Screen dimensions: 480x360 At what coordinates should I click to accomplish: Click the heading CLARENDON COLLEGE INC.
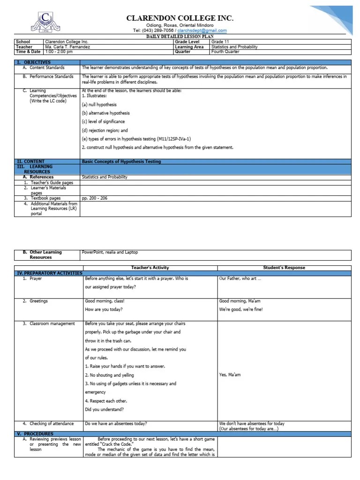point(180,18)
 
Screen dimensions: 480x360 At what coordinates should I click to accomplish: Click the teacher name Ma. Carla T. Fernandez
point(67,47)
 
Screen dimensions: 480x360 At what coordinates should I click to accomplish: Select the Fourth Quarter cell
point(225,52)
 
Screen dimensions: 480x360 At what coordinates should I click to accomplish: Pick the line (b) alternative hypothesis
point(106,113)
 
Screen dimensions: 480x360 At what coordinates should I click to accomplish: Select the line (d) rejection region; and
point(105,130)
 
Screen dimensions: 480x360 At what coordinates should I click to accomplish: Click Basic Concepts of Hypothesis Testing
point(121,161)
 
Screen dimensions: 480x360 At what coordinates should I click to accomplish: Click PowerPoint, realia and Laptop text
point(110,252)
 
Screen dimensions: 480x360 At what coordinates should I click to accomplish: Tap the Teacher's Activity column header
point(150,268)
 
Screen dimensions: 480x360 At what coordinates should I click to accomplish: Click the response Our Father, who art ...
point(240,278)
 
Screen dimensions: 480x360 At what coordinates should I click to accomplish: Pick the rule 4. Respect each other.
point(106,401)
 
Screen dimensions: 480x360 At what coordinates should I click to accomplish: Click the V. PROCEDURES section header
point(35,434)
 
